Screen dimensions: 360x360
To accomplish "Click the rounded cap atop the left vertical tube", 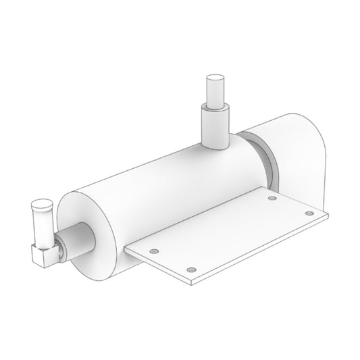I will tap(41, 204).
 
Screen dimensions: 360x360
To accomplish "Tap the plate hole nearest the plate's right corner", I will tap(309, 213).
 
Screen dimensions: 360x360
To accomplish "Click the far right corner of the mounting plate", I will tap(328, 217).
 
